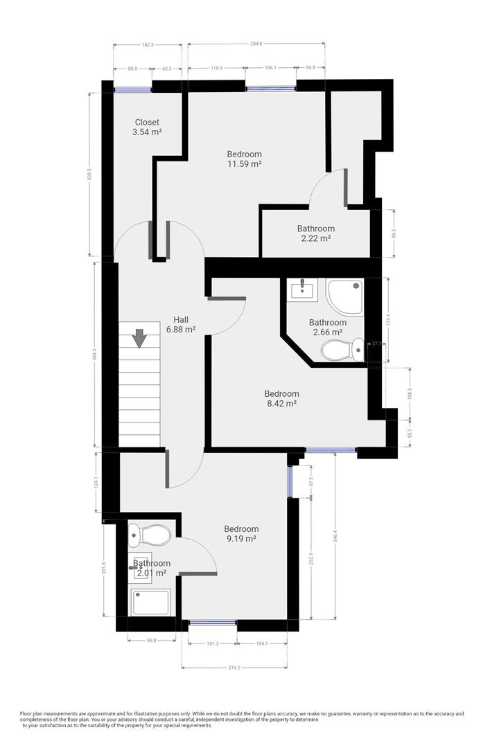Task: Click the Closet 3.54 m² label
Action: click(147, 127)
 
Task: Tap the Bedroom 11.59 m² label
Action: click(245, 159)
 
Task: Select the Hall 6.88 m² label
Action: click(181, 325)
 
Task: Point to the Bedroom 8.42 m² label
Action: click(281, 398)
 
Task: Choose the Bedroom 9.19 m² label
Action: click(241, 533)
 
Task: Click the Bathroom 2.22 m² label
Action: click(316, 233)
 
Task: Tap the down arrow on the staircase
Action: click(139, 339)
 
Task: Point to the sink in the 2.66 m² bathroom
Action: click(304, 289)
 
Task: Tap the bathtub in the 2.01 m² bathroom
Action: click(150, 603)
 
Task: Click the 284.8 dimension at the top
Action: click(256, 44)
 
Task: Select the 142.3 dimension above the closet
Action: click(147, 44)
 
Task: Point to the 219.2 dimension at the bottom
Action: click(235, 668)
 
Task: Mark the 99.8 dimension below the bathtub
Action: click(151, 641)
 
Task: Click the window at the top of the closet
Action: click(132, 88)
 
